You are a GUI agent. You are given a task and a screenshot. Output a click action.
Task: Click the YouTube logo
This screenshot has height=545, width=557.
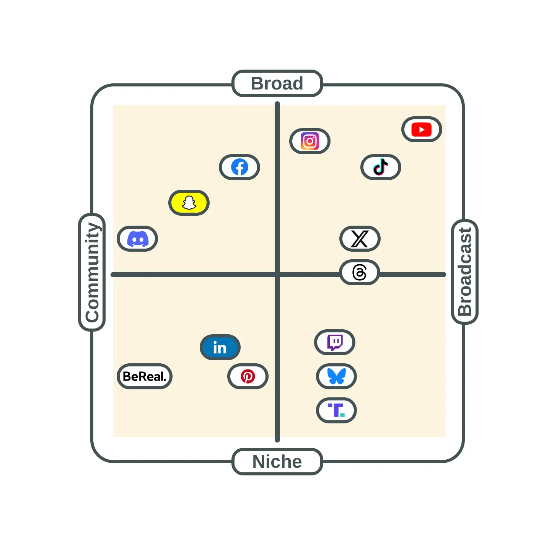(422, 129)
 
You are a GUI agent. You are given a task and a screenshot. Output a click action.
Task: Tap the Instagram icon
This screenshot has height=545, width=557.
(310, 141)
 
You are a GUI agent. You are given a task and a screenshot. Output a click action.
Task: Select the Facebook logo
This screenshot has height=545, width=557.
(239, 167)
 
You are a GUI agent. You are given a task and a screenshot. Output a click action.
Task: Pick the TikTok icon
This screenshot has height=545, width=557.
(380, 167)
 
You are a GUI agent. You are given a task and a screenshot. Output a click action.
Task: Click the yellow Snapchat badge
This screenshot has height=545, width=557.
(189, 203)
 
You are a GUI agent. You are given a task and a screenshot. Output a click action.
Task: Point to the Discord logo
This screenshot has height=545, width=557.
(138, 239)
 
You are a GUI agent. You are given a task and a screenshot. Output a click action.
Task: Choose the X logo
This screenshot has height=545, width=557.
(360, 239)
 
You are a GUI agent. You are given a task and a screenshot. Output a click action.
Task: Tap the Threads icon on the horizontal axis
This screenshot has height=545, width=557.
(360, 272)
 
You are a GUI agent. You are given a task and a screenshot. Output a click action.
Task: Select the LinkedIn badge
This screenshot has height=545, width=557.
(220, 347)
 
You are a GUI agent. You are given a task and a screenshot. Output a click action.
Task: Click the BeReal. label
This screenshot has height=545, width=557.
(145, 376)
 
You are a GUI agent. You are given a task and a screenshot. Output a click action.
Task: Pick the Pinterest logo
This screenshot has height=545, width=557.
(248, 376)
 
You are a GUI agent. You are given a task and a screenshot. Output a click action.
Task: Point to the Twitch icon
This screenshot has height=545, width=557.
(335, 342)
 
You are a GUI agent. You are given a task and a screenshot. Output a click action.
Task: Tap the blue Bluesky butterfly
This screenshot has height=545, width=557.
(336, 376)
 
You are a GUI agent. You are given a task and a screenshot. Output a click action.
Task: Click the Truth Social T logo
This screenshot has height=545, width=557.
(336, 410)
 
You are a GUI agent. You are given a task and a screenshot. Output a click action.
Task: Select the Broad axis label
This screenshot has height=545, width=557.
(277, 83)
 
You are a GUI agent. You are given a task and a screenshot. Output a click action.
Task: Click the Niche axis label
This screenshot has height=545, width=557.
(277, 462)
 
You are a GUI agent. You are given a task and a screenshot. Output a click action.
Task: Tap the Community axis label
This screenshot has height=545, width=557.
(93, 272)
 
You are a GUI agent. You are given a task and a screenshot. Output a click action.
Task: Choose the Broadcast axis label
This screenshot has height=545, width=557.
(465, 272)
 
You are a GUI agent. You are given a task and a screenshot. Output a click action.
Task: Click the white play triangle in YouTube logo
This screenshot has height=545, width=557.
(422, 129)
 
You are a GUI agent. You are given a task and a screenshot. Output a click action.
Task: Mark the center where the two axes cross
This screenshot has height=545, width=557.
(277, 275)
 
